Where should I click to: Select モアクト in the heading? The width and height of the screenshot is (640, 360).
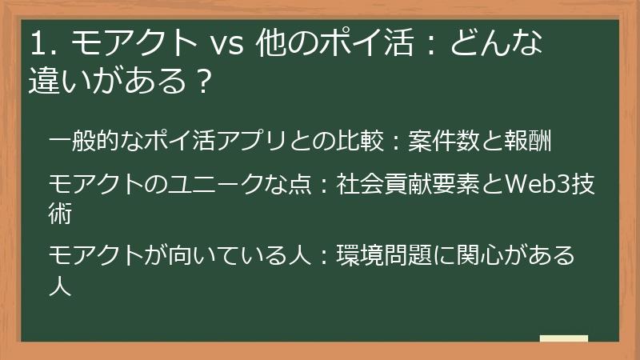point(128,44)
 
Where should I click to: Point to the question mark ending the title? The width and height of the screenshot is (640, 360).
point(203,81)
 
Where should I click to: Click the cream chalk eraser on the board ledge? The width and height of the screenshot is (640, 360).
point(563,338)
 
